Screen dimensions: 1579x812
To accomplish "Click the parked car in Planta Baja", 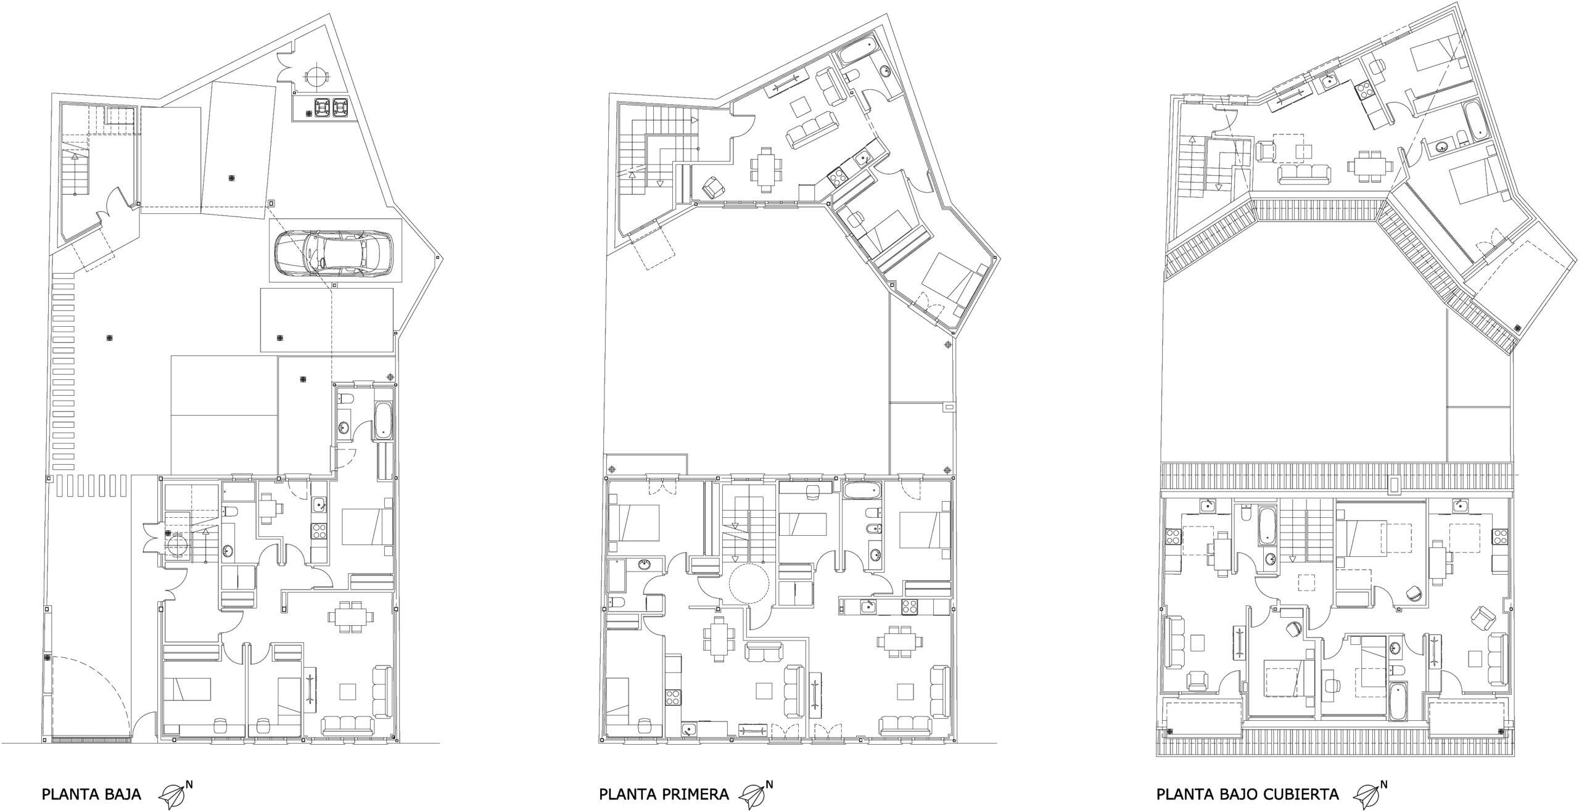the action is point(334,253).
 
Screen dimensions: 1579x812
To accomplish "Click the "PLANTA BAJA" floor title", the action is point(91,794).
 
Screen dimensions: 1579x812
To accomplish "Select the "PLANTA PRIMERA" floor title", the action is point(664,794).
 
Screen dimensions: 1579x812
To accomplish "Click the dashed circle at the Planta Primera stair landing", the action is point(749,583).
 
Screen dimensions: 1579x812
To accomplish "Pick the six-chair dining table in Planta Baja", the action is point(351,617).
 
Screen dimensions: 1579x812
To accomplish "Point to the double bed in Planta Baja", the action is point(367,527).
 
